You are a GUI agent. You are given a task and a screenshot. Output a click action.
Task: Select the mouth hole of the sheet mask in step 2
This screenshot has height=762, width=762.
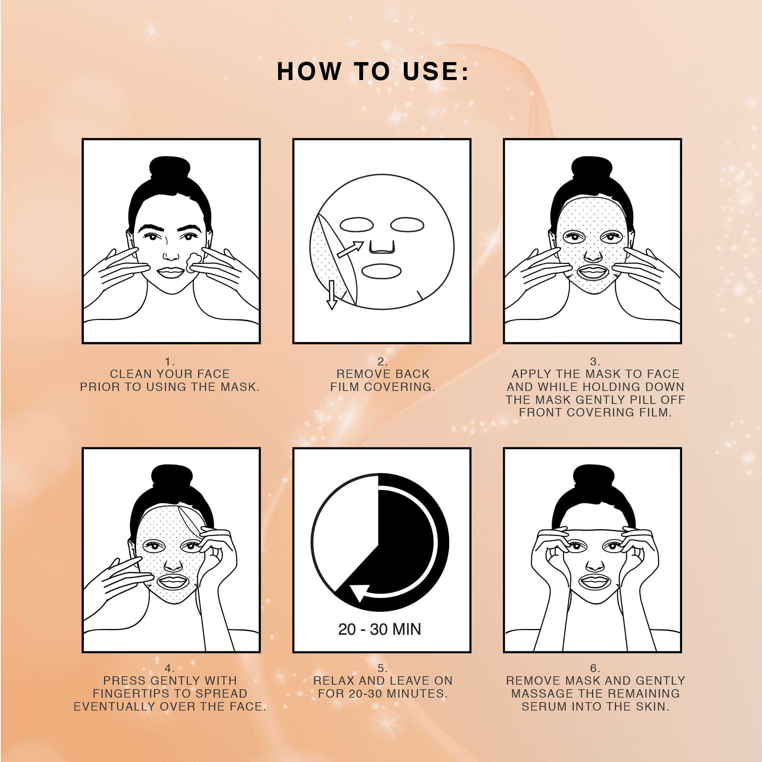tap(381, 271)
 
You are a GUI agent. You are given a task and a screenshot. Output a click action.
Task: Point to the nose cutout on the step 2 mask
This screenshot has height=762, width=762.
tap(382, 247)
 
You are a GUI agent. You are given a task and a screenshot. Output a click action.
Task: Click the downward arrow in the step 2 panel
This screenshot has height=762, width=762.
tap(332, 295)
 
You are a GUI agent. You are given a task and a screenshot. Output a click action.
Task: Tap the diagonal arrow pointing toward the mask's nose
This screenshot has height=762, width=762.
tap(350, 250)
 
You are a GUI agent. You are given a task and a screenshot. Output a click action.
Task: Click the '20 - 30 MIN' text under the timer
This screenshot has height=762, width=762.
tap(379, 629)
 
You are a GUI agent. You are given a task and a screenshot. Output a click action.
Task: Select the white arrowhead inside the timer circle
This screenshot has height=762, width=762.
tap(359, 592)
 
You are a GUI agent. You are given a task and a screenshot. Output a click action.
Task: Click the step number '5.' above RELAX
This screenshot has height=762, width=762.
tap(382, 668)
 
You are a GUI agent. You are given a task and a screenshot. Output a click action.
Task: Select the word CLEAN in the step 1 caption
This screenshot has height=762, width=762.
tap(131, 374)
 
